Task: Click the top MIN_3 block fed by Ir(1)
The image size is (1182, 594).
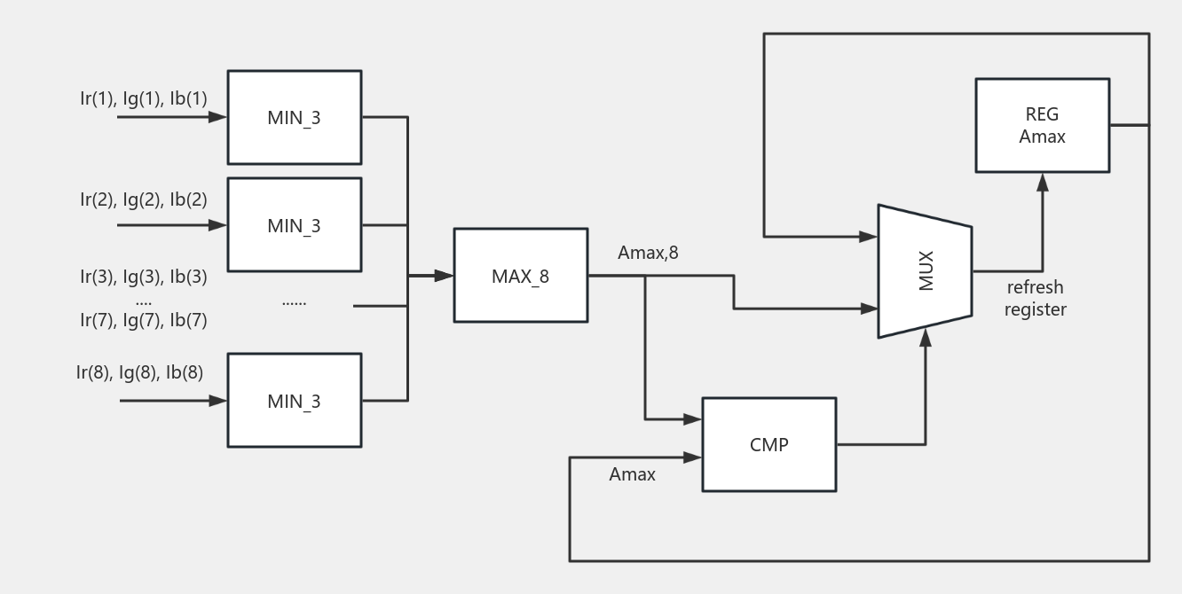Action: pyautogui.click(x=294, y=117)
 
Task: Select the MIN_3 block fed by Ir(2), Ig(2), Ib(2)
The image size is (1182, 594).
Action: pyautogui.click(x=294, y=225)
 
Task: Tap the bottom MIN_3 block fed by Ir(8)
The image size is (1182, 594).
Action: pyautogui.click(x=294, y=401)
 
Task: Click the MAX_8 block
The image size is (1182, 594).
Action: pyautogui.click(x=520, y=276)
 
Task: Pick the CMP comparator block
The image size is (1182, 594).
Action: pyautogui.click(x=768, y=444)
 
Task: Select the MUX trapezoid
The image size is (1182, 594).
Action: pyautogui.click(x=925, y=271)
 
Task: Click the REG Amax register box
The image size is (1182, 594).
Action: pyautogui.click(x=1042, y=125)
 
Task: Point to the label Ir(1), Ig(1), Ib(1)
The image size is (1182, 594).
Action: pyautogui.click(x=144, y=98)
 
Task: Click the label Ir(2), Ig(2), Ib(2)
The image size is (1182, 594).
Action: pyautogui.click(x=144, y=199)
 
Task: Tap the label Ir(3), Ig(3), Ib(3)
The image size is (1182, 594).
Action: pyautogui.click(x=144, y=276)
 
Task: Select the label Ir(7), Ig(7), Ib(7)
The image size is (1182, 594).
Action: pyautogui.click(x=144, y=320)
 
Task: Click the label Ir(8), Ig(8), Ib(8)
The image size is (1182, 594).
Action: pyautogui.click(x=140, y=372)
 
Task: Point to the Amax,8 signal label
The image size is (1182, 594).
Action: pyautogui.click(x=648, y=254)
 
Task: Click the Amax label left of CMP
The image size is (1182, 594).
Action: pyautogui.click(x=632, y=474)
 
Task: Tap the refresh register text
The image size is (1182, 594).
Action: pyautogui.click(x=1035, y=299)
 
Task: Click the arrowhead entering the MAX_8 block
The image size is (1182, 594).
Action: pyautogui.click(x=445, y=276)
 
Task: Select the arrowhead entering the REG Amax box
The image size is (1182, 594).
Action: pyautogui.click(x=1043, y=182)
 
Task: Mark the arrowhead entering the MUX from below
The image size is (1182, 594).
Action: pyautogui.click(x=926, y=334)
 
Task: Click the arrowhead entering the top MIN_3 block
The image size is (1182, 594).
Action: pyautogui.click(x=218, y=117)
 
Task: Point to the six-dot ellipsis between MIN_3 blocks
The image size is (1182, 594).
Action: pyautogui.click(x=294, y=302)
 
